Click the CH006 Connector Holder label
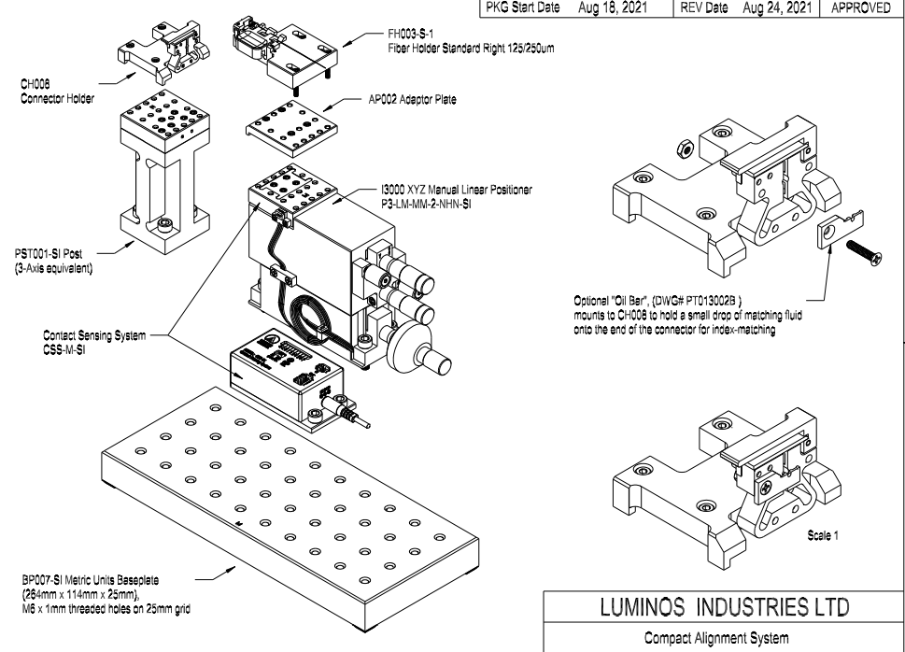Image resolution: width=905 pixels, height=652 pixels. [x=50, y=88]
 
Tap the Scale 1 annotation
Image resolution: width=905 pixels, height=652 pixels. [x=823, y=537]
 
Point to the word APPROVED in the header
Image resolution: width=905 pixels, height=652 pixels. [x=860, y=7]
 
